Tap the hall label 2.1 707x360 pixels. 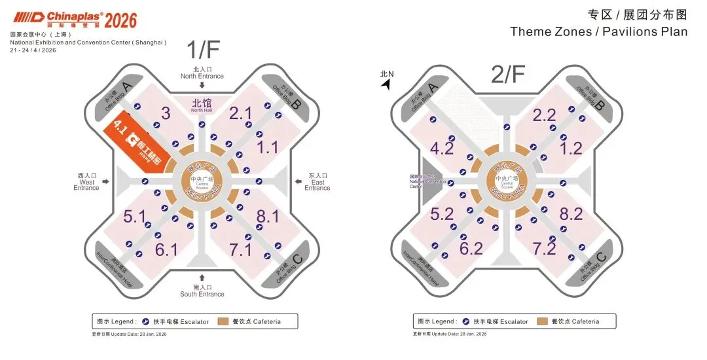[x=240, y=113]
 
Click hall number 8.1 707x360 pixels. [x=267, y=215]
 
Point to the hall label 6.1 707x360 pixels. [x=166, y=249]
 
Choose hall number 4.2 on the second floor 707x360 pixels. [x=443, y=149]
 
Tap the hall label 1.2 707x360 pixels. [x=571, y=148]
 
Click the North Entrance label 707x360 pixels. [x=202, y=73]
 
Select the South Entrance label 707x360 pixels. [x=202, y=291]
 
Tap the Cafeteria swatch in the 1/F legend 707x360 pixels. [x=223, y=321]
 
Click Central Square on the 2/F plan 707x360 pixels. [x=508, y=181]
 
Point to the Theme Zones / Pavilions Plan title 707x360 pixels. [x=598, y=31]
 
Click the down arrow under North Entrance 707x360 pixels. [x=202, y=84]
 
